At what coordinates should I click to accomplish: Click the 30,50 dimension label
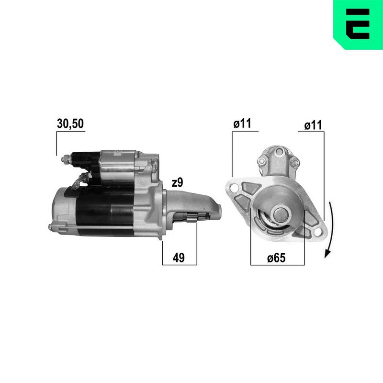tap(70, 124)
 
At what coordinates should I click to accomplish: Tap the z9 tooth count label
tap(177, 183)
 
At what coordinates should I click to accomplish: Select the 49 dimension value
tap(179, 258)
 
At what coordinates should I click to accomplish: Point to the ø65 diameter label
tap(276, 258)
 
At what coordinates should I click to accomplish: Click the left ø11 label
tap(242, 124)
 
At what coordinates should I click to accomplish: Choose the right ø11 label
tap(313, 125)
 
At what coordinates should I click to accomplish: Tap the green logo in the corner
tap(358, 25)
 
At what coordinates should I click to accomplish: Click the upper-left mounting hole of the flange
tap(234, 188)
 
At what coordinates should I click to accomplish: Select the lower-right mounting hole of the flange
tap(317, 232)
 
